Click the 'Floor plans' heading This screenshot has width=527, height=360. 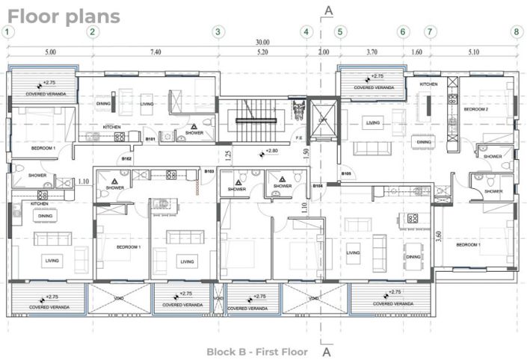point(64,16)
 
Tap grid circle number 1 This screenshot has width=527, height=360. point(7,31)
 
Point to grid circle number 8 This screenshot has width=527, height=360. point(516,31)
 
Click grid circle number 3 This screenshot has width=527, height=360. point(218,31)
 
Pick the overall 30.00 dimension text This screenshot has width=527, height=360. point(261,42)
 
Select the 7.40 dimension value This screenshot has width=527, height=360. point(155,53)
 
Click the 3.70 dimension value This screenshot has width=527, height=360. point(371,53)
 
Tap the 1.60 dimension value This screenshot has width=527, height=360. point(416,53)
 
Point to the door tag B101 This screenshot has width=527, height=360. point(150,139)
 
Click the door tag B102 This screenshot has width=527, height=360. point(126,159)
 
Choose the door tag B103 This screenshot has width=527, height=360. point(209,171)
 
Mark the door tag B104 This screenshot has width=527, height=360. point(318,185)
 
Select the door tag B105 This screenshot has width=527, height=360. point(347,174)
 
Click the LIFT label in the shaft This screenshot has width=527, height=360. point(322,120)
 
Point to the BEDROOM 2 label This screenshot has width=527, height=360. point(476,109)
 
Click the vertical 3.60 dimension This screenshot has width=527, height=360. point(437,237)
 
